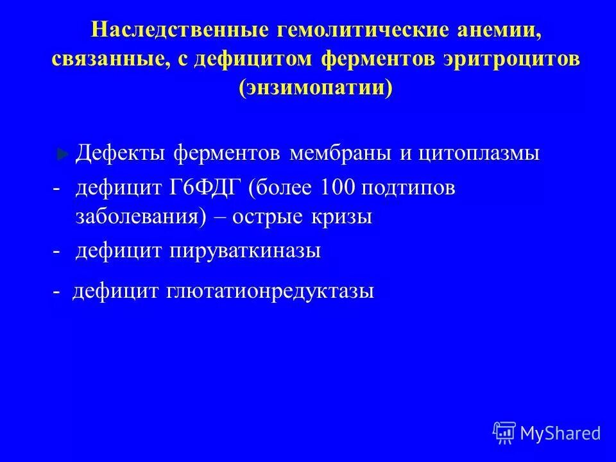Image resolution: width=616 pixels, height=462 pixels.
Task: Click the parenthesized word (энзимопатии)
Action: (315, 87)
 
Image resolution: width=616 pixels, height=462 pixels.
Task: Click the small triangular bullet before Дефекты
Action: (62, 155)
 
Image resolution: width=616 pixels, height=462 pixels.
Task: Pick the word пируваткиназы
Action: (245, 251)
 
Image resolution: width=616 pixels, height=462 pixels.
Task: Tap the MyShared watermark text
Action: (561, 433)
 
